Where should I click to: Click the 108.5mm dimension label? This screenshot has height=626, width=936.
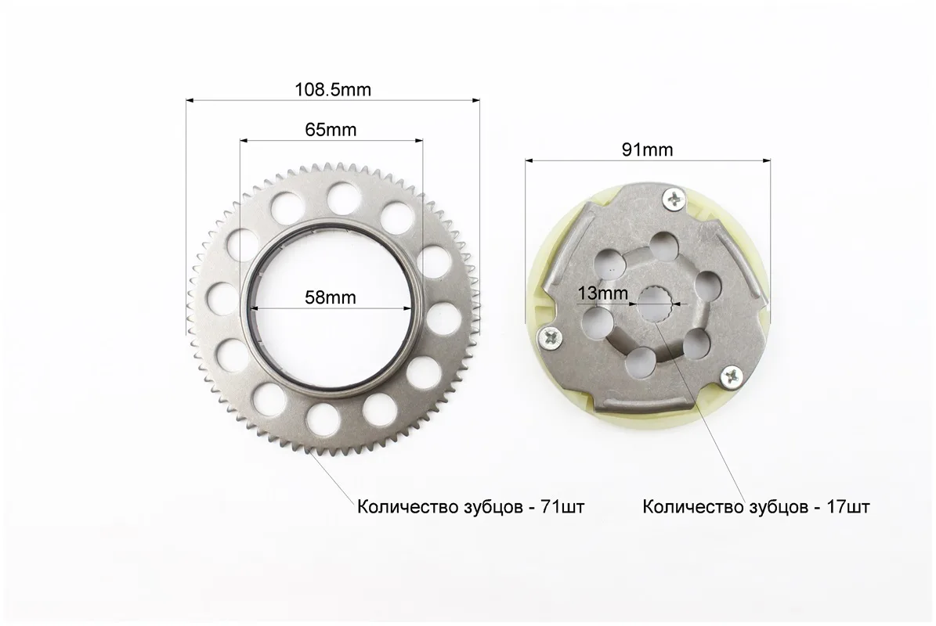pyautogui.click(x=332, y=89)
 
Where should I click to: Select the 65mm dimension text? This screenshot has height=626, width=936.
pyautogui.click(x=331, y=129)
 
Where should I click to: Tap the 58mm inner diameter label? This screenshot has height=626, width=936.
pyautogui.click(x=330, y=297)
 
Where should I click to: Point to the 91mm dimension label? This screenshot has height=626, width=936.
pyautogui.click(x=647, y=149)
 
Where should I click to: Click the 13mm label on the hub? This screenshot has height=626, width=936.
pyautogui.click(x=603, y=293)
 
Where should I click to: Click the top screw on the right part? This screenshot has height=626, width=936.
pyautogui.click(x=675, y=199)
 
